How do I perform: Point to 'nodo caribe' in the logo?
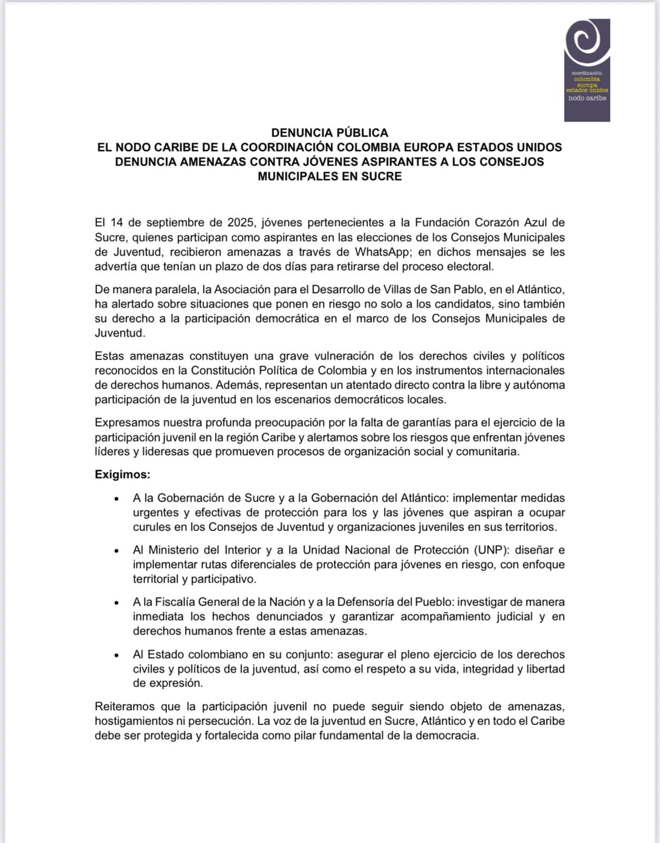coord(587,99)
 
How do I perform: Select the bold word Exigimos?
coord(122,475)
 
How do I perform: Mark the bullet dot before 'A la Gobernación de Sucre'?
coord(116,498)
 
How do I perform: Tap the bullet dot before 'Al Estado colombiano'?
coord(116,655)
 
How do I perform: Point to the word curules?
coord(152,527)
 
